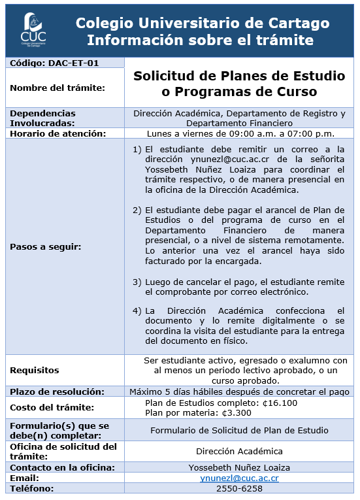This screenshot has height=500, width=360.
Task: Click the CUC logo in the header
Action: pyautogui.click(x=34, y=29)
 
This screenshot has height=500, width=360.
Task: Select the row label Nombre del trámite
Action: pyautogui.click(x=57, y=88)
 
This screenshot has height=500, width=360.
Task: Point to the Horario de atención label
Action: pyautogui.click(x=57, y=134)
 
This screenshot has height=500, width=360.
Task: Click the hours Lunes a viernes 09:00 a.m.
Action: pyautogui.click(x=239, y=134)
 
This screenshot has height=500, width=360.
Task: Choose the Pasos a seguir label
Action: pyautogui.click(x=46, y=247)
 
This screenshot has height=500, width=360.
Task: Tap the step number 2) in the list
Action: pyautogui.click(x=137, y=210)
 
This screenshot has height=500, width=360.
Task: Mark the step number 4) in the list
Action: pyautogui.click(x=137, y=310)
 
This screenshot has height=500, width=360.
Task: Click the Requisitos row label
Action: pyautogui.click(x=35, y=371)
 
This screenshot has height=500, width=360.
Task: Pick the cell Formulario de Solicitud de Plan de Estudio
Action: pyautogui.click(x=239, y=431)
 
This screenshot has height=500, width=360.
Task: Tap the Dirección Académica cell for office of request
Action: pyautogui.click(x=239, y=452)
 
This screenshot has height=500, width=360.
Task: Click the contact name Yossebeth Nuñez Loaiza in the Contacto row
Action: pyautogui.click(x=239, y=468)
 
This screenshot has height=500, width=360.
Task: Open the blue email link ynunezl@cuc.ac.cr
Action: pyautogui.click(x=239, y=478)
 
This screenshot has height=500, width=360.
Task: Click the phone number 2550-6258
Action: pyautogui.click(x=239, y=489)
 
